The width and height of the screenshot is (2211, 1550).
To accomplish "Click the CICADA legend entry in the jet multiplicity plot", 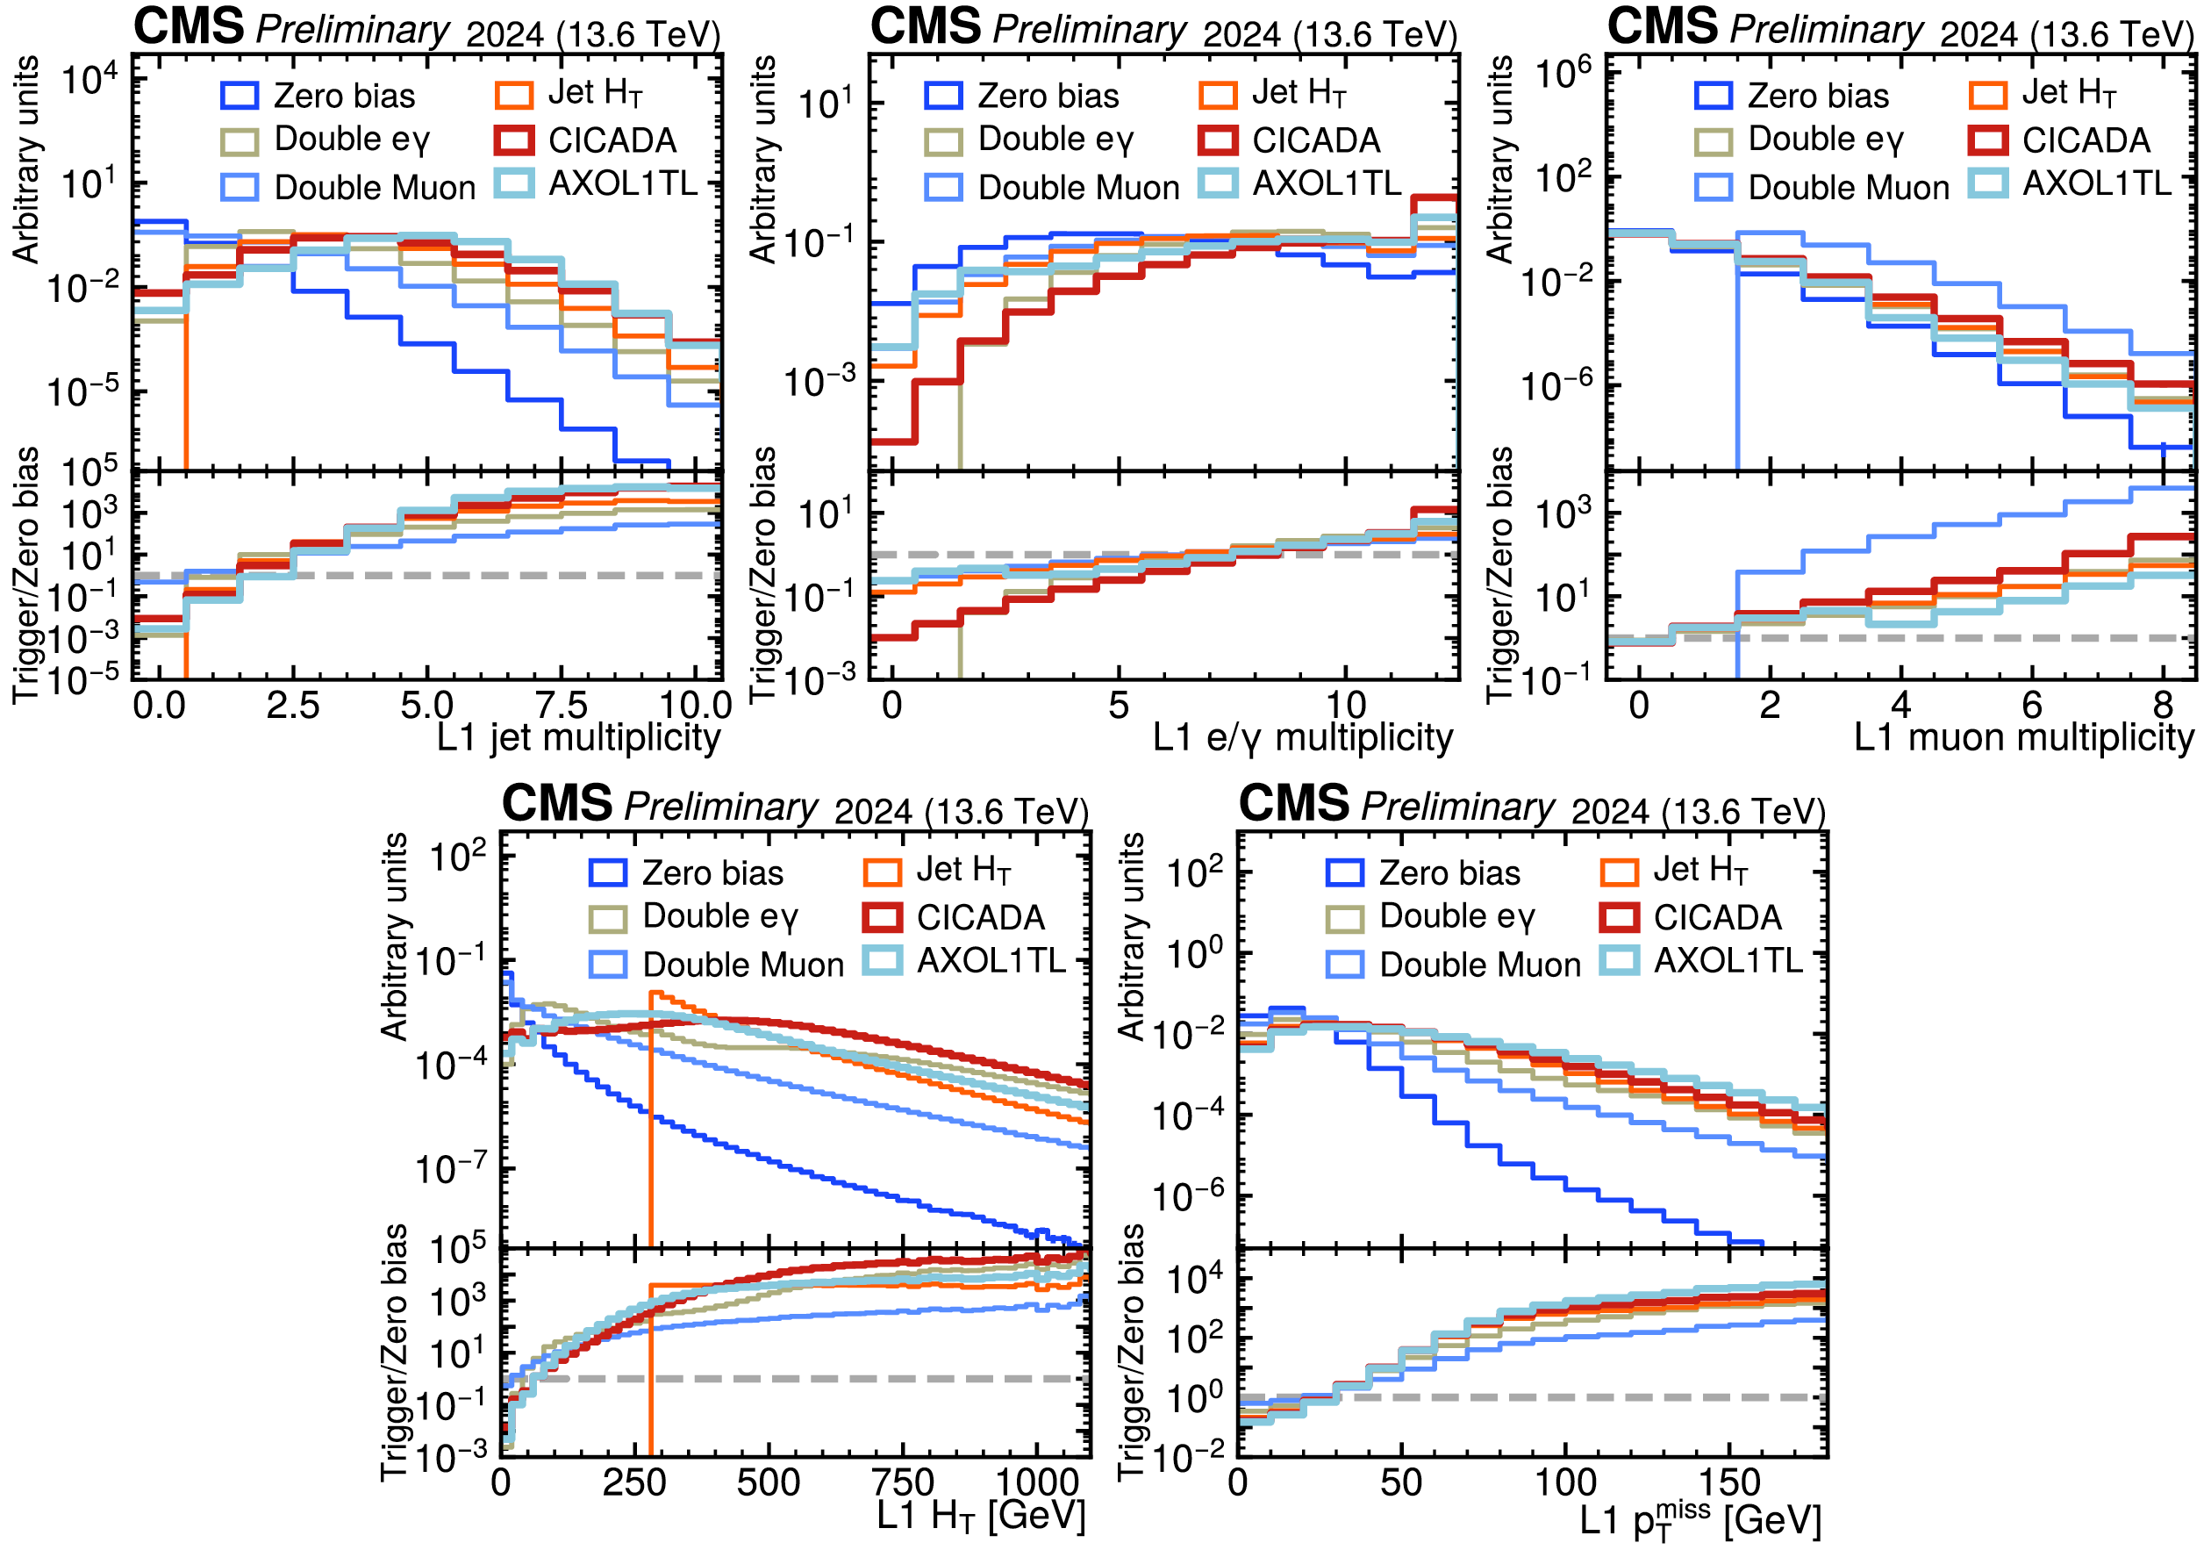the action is (585, 140).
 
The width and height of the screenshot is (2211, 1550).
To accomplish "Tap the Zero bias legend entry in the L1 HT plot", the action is (685, 872).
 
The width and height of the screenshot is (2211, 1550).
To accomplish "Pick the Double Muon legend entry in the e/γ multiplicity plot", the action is (1052, 187).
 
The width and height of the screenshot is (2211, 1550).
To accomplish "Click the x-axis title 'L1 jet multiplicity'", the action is (578, 738).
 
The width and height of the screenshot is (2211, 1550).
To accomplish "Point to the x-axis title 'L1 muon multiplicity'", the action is (2025, 738).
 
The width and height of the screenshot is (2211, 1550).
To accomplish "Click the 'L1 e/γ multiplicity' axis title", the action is (1303, 738).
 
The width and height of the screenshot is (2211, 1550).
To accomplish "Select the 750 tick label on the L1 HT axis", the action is (902, 1482).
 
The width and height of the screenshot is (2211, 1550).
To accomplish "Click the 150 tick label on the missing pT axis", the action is (1729, 1482).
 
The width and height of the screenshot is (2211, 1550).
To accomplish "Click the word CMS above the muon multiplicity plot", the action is (1663, 26).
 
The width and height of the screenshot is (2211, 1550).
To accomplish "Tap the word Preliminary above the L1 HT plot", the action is (722, 807).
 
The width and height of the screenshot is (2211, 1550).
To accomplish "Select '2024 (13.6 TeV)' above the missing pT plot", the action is (1699, 811).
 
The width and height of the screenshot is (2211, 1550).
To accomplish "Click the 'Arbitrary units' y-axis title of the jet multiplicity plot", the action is (26, 159).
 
